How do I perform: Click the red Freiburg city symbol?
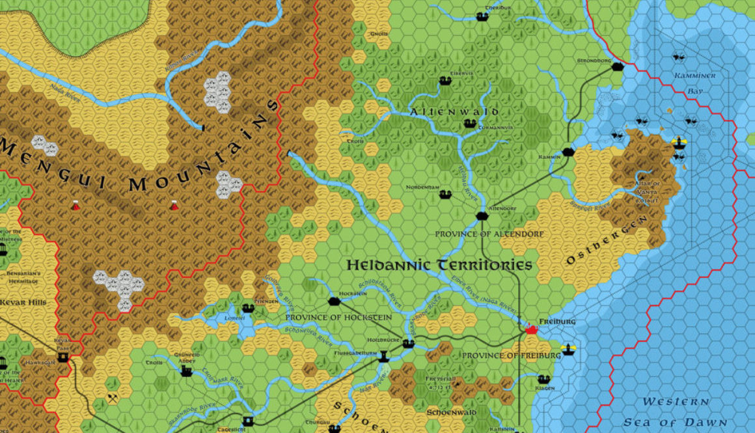click(531, 329)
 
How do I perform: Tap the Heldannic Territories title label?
click(439, 265)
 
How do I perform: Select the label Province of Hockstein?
click(338, 316)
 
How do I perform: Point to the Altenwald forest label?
click(454, 112)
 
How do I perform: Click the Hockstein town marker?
click(335, 301)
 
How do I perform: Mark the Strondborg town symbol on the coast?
click(617, 66)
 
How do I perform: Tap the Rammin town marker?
click(568, 152)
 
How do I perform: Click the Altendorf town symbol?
click(482, 216)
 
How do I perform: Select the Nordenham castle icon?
click(445, 194)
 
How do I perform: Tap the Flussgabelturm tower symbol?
click(383, 357)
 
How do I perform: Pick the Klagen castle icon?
click(545, 379)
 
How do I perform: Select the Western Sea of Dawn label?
click(674, 412)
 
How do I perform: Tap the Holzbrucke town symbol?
click(408, 343)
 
